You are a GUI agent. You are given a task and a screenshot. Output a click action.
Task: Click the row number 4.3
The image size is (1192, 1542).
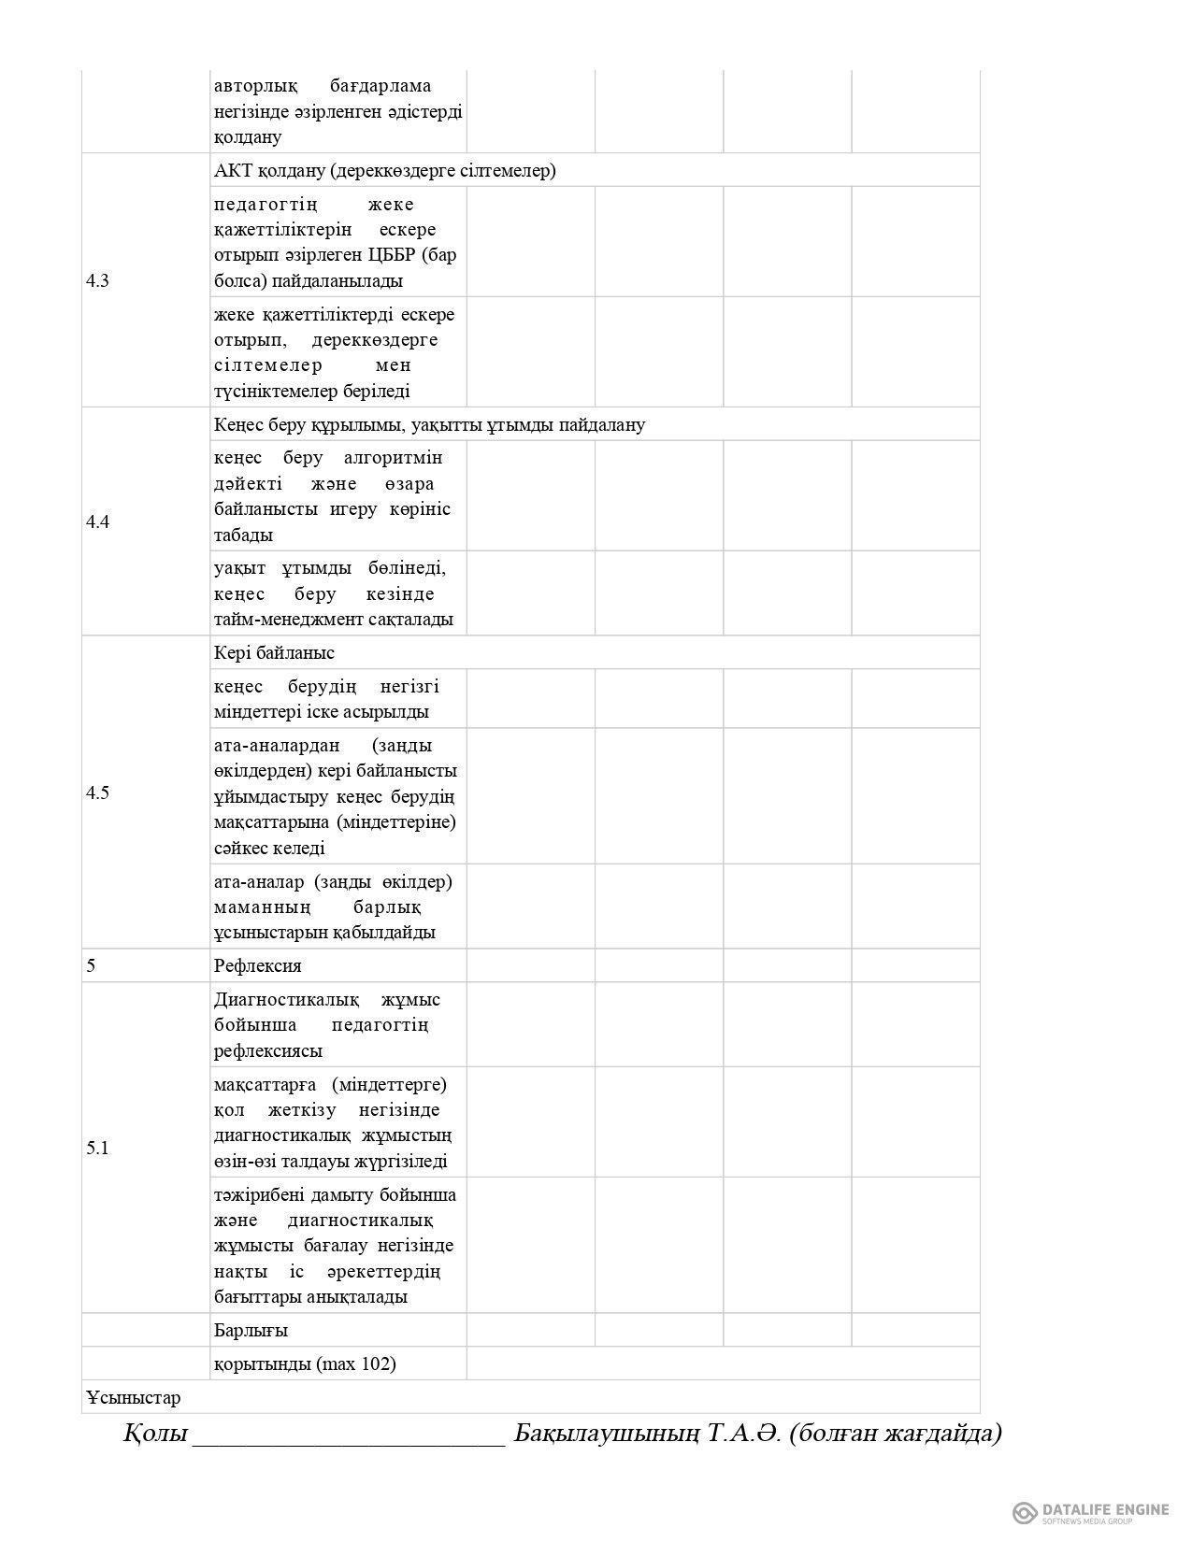[97, 281]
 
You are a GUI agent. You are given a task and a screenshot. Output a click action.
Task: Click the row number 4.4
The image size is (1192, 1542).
[97, 522]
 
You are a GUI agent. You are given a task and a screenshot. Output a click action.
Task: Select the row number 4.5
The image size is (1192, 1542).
[97, 793]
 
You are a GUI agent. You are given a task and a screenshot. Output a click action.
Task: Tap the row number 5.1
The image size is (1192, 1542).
[97, 1149]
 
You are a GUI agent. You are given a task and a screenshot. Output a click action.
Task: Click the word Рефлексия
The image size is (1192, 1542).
[258, 966]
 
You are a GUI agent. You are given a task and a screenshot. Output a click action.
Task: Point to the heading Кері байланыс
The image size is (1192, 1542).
[274, 653]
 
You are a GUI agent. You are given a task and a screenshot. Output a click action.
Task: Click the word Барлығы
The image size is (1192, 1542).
[251, 1331]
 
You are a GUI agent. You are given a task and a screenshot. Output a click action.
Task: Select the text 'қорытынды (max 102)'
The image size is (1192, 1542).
[305, 1364]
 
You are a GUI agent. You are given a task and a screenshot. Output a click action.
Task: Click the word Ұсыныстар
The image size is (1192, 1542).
[133, 1398]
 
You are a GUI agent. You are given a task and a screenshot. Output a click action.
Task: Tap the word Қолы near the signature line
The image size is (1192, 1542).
[155, 1434]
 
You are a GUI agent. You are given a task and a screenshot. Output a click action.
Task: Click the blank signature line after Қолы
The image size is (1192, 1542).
[348, 1437]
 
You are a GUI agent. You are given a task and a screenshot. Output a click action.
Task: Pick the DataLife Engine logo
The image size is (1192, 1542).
[1090, 1512]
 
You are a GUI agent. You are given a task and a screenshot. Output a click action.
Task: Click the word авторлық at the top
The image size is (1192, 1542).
[255, 86]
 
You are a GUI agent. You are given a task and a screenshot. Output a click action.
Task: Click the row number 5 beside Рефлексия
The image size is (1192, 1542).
[91, 966]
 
